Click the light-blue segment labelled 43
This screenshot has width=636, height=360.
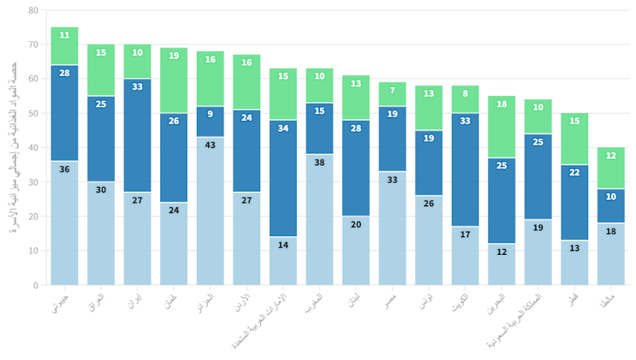[x=210, y=211]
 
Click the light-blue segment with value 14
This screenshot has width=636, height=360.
[x=283, y=261]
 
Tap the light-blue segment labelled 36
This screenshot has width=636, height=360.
[x=64, y=223]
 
